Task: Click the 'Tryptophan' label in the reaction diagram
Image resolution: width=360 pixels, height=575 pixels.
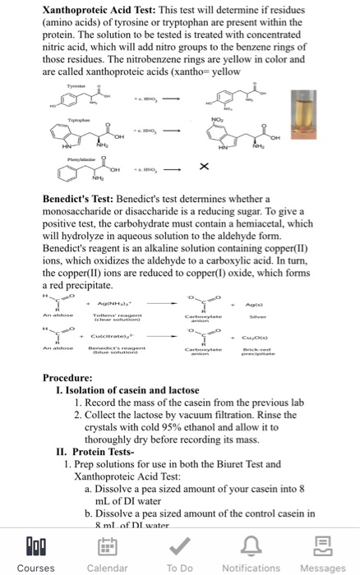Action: pyautogui.click(x=74, y=117)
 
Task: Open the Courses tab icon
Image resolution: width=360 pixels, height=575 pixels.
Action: pyautogui.click(x=35, y=546)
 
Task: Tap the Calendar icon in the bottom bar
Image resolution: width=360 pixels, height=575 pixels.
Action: pyautogui.click(x=107, y=546)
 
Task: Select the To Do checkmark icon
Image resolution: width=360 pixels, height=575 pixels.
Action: pyautogui.click(x=179, y=546)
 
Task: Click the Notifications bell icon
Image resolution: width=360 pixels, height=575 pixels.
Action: pyautogui.click(x=251, y=546)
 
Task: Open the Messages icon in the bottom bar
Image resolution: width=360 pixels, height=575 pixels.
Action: pyautogui.click(x=322, y=546)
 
